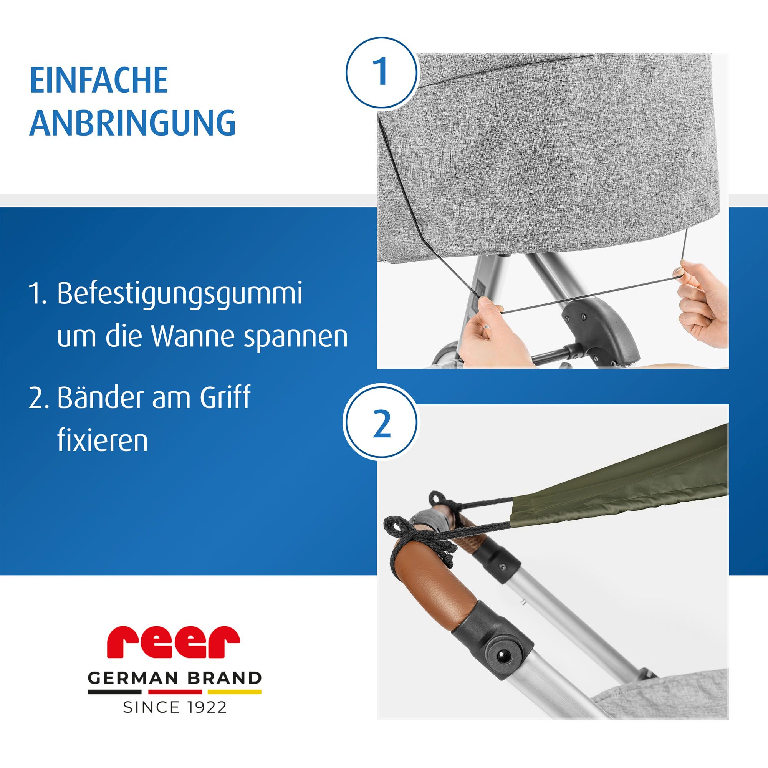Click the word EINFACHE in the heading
pos(99,81)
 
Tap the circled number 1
pos(381,72)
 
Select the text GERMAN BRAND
pos(174,678)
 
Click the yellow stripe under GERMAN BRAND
pos(234,692)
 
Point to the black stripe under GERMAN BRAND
pos(114,692)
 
